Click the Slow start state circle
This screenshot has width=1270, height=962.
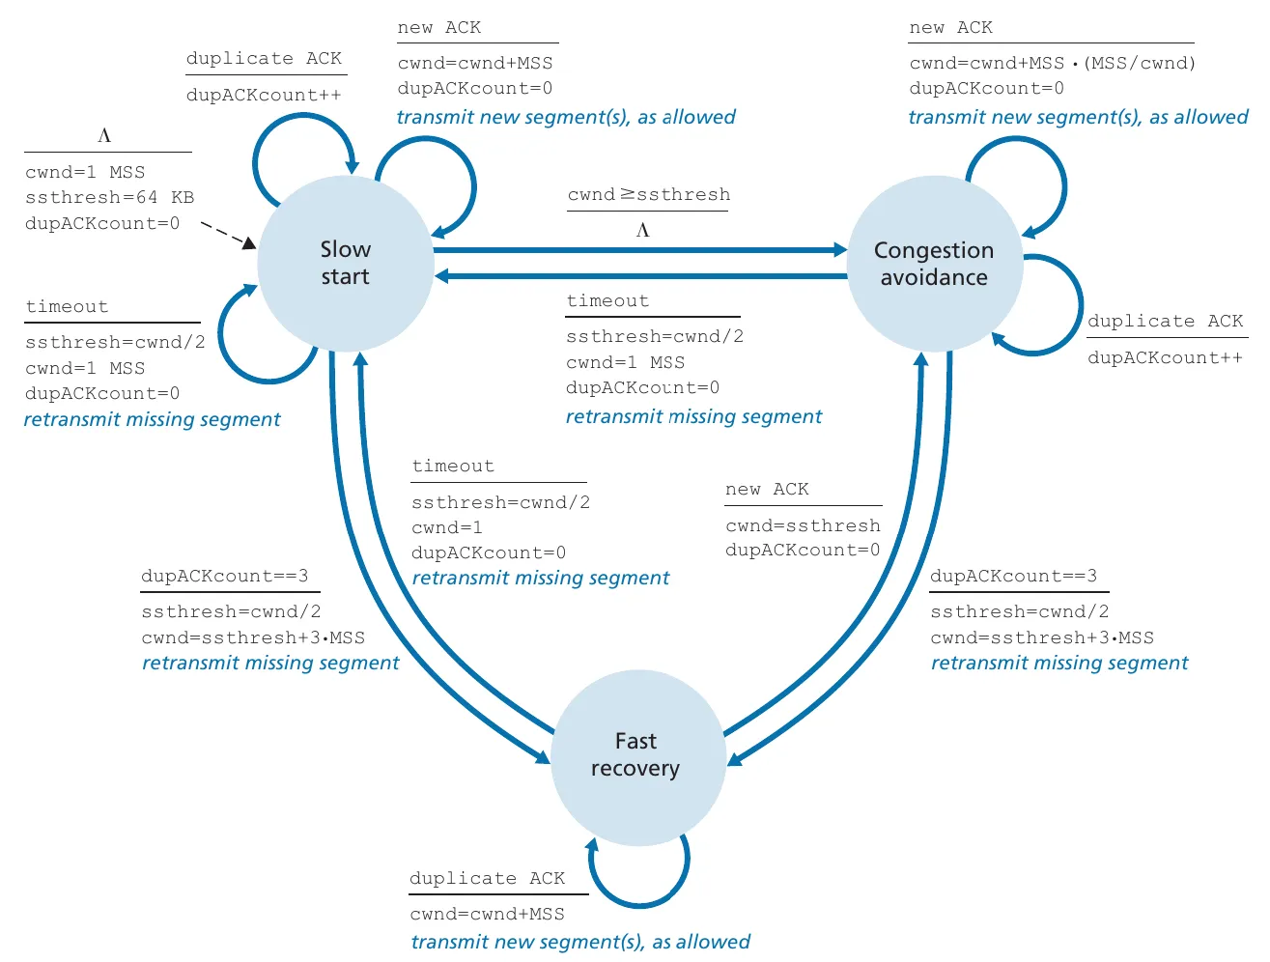click(x=345, y=263)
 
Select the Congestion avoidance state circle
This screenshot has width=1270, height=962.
click(x=933, y=264)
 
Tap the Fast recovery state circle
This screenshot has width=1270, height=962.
click(x=636, y=755)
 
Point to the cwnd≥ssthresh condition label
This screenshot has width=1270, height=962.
click(x=648, y=195)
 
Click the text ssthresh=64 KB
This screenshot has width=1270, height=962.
click(x=109, y=198)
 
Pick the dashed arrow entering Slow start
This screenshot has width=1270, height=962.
click(x=227, y=235)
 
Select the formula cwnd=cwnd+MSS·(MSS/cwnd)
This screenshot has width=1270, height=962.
click(x=1052, y=64)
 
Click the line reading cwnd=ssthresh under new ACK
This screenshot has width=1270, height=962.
click(x=803, y=526)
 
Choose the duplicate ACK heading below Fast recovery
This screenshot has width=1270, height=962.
click(x=487, y=879)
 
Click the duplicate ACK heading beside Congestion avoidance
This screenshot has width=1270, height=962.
click(x=1166, y=322)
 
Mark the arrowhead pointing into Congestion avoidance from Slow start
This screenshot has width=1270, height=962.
click(x=838, y=250)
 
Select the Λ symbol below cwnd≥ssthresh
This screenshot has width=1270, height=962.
click(x=643, y=231)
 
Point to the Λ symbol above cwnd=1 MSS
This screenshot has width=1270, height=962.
click(x=104, y=136)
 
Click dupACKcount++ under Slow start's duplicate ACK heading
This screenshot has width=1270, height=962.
click(x=264, y=96)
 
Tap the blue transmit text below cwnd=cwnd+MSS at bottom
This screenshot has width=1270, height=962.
click(x=579, y=942)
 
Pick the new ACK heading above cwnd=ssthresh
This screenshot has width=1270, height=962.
click(x=767, y=490)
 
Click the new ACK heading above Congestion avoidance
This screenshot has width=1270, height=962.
click(x=950, y=28)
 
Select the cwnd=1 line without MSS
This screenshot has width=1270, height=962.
click(x=447, y=528)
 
